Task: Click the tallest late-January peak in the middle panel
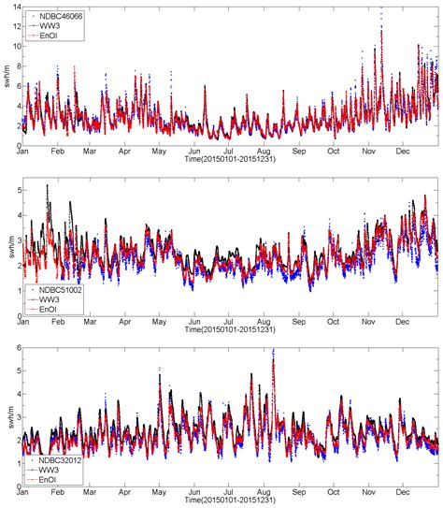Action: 48,186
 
